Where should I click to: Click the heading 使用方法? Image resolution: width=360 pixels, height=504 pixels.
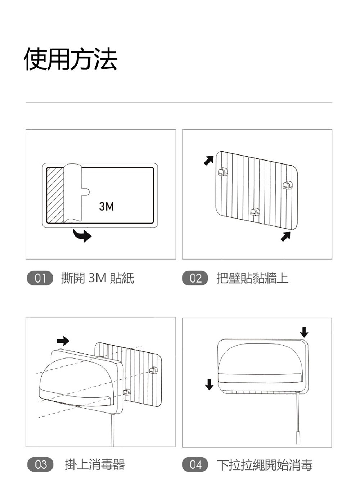coord(71,59)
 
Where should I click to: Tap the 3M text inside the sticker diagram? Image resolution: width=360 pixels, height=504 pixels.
coord(107,206)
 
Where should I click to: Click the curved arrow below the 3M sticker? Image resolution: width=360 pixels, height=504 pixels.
coord(83,235)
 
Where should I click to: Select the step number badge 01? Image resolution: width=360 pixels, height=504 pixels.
coord(40,278)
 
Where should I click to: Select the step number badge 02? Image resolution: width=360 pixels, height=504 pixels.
coord(195,278)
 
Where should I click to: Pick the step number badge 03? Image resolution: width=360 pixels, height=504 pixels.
coord(40,464)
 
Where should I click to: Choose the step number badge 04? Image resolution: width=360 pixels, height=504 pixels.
coord(195,464)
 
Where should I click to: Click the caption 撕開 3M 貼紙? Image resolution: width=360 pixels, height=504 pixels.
coord(98,278)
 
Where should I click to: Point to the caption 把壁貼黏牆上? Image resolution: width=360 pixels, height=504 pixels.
coord(252,278)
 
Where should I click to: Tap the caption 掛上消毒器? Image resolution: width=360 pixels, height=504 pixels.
coord(95,464)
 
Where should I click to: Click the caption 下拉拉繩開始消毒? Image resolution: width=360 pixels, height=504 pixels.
coord(265,465)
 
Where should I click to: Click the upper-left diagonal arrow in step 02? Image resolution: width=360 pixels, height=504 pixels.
coord(208,160)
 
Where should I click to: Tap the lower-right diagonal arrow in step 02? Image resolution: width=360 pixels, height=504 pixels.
coord(285,237)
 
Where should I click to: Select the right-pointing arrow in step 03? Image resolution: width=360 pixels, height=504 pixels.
coord(63,340)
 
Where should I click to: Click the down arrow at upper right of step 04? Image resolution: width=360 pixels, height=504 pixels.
coord(304,332)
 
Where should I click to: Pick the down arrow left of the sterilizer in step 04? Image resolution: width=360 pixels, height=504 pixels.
coord(209,384)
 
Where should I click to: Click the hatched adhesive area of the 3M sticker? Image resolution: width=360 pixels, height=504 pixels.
coord(55,194)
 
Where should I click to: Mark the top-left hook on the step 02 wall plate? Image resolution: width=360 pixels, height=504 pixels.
coord(223,172)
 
